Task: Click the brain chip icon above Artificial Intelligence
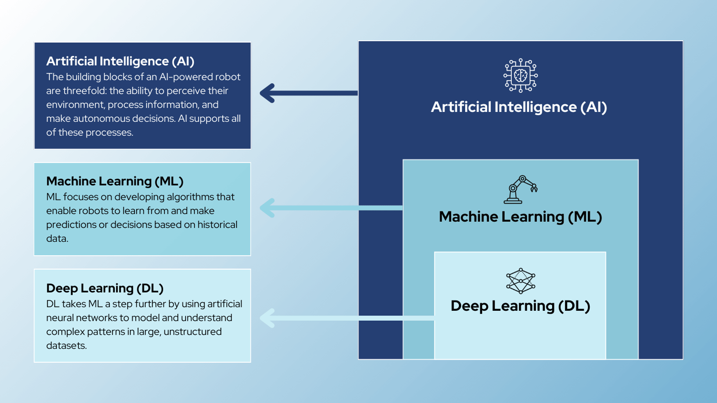tap(521, 76)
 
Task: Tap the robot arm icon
tap(521, 189)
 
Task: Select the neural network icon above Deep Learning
tap(521, 281)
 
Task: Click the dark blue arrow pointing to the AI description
tap(309, 93)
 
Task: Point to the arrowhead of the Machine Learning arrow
tap(268, 208)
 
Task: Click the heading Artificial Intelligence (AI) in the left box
tap(120, 61)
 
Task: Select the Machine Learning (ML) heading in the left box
tap(115, 181)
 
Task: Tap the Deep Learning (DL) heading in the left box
tap(105, 288)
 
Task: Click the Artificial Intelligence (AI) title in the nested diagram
tap(519, 107)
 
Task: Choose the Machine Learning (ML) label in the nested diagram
tap(520, 217)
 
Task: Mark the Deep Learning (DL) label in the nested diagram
tap(520, 306)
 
